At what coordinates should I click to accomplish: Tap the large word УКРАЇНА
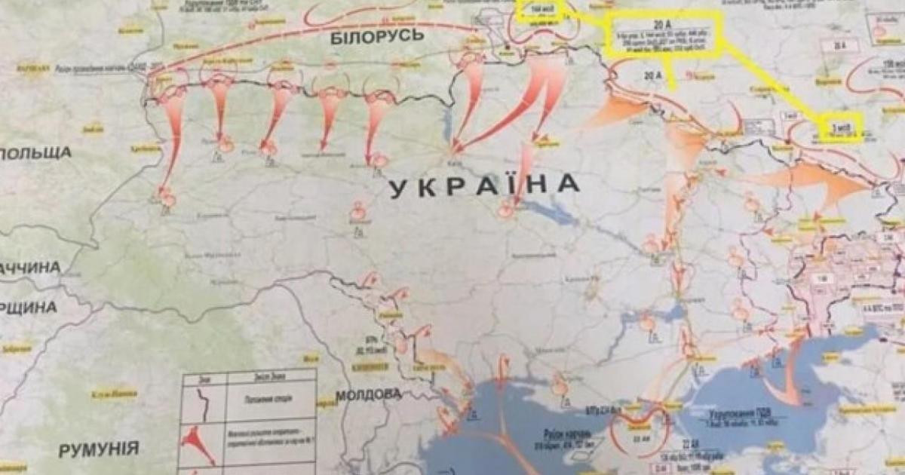coord(485,185)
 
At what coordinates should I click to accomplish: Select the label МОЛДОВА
coord(368,394)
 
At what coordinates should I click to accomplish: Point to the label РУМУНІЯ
coord(100,449)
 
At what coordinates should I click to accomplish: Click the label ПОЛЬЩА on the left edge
coord(35,153)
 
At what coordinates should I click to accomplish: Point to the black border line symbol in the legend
coord(203,399)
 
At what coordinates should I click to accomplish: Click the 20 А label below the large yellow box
coord(652,75)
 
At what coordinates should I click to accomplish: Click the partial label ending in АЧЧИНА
coord(30,268)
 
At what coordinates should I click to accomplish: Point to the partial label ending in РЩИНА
coord(29,307)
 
